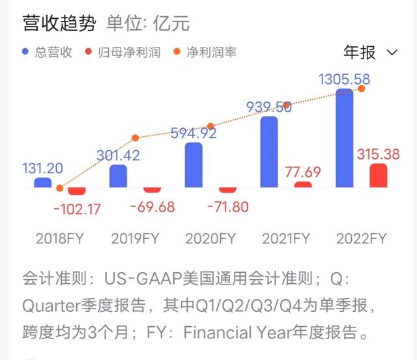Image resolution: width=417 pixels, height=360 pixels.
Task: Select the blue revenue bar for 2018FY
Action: pos(42,183)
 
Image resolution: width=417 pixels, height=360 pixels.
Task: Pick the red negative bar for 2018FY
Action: pos(77,191)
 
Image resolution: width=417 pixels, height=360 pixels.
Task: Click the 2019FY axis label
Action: pos(136,238)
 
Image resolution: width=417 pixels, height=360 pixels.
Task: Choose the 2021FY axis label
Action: pos(286,238)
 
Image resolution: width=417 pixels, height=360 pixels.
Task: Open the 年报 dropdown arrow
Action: pos(392,52)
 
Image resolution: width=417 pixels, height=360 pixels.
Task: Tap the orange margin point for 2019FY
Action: pos(136,138)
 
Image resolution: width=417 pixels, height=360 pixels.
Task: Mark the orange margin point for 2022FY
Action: pos(362,89)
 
